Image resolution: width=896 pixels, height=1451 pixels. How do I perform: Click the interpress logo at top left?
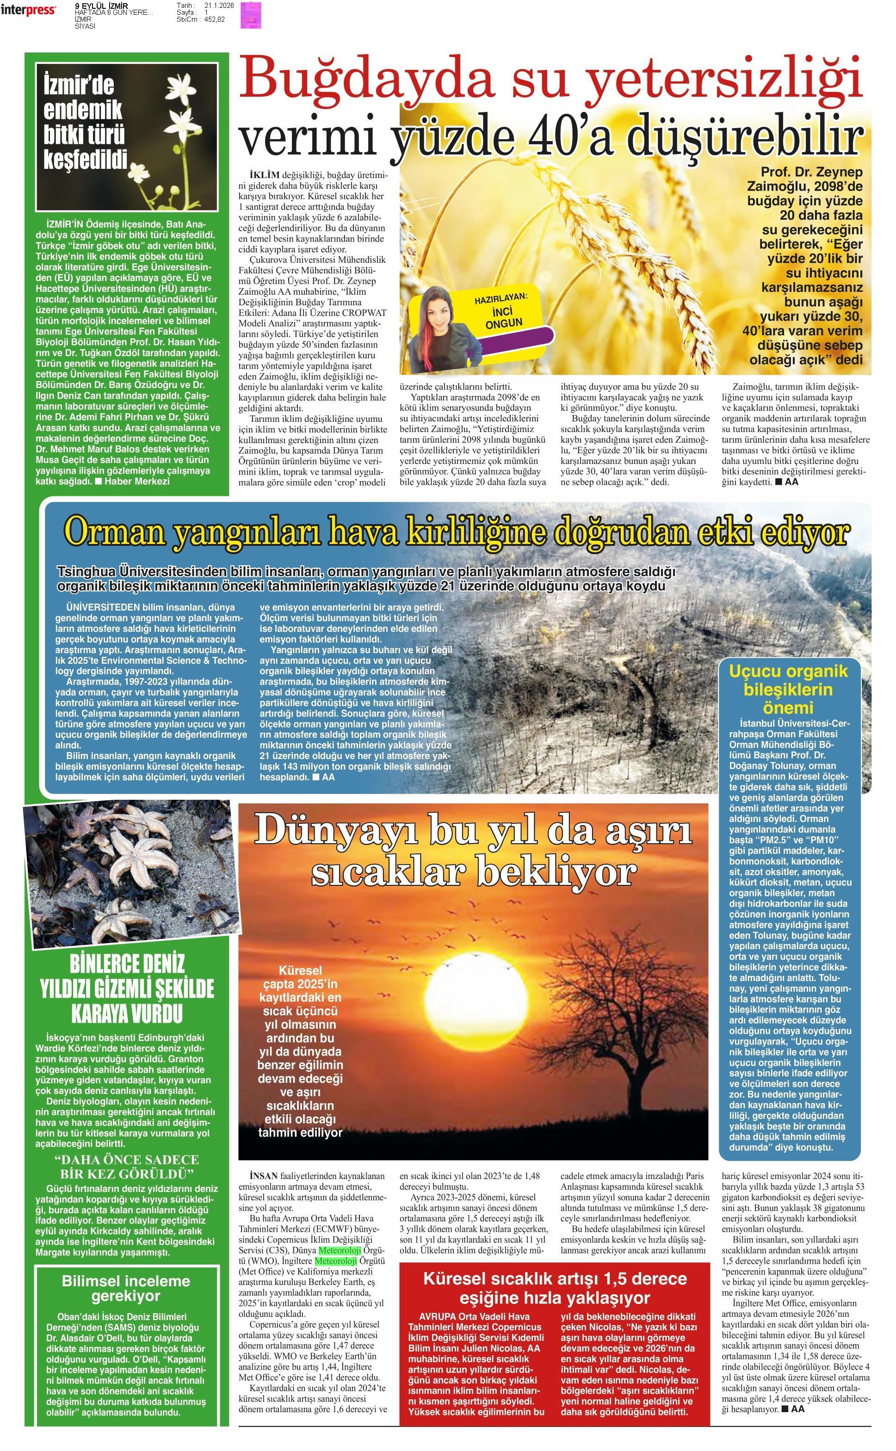click(28, 9)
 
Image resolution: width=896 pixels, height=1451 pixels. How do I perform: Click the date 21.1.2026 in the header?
click(219, 6)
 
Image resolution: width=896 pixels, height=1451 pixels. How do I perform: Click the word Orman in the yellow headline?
click(112, 532)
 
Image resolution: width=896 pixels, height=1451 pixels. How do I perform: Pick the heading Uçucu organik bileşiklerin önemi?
click(788, 689)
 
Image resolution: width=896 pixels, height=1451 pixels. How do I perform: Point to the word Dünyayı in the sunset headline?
click(337, 831)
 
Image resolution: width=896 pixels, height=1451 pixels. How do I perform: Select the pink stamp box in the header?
click(251, 15)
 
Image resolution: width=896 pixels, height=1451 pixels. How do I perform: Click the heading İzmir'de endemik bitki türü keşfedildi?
click(85, 123)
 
